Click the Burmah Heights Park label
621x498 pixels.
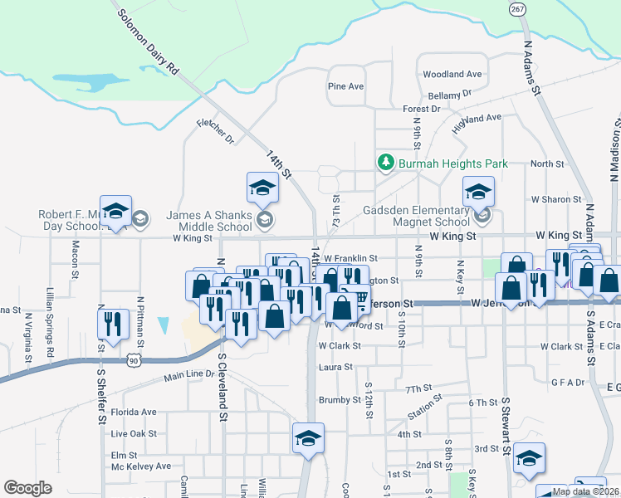pyautogui.click(x=452, y=164)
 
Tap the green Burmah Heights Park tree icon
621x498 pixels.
pyautogui.click(x=385, y=163)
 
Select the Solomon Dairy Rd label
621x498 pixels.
pyautogui.click(x=149, y=43)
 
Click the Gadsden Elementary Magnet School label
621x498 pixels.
pyautogui.click(x=417, y=216)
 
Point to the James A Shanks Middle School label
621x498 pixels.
pyautogui.click(x=208, y=220)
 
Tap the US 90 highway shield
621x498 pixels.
pyautogui.click(x=134, y=359)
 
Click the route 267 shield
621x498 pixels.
pyautogui.click(x=517, y=8)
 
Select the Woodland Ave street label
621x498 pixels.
pyautogui.click(x=452, y=75)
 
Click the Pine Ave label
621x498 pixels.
pyautogui.click(x=346, y=86)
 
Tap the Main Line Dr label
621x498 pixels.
pyautogui.click(x=189, y=376)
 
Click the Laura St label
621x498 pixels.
pyautogui.click(x=336, y=366)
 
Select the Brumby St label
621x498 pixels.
pyautogui.click(x=339, y=400)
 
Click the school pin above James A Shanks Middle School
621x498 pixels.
pyautogui.click(x=262, y=188)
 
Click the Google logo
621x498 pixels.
pyautogui.click(x=28, y=488)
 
